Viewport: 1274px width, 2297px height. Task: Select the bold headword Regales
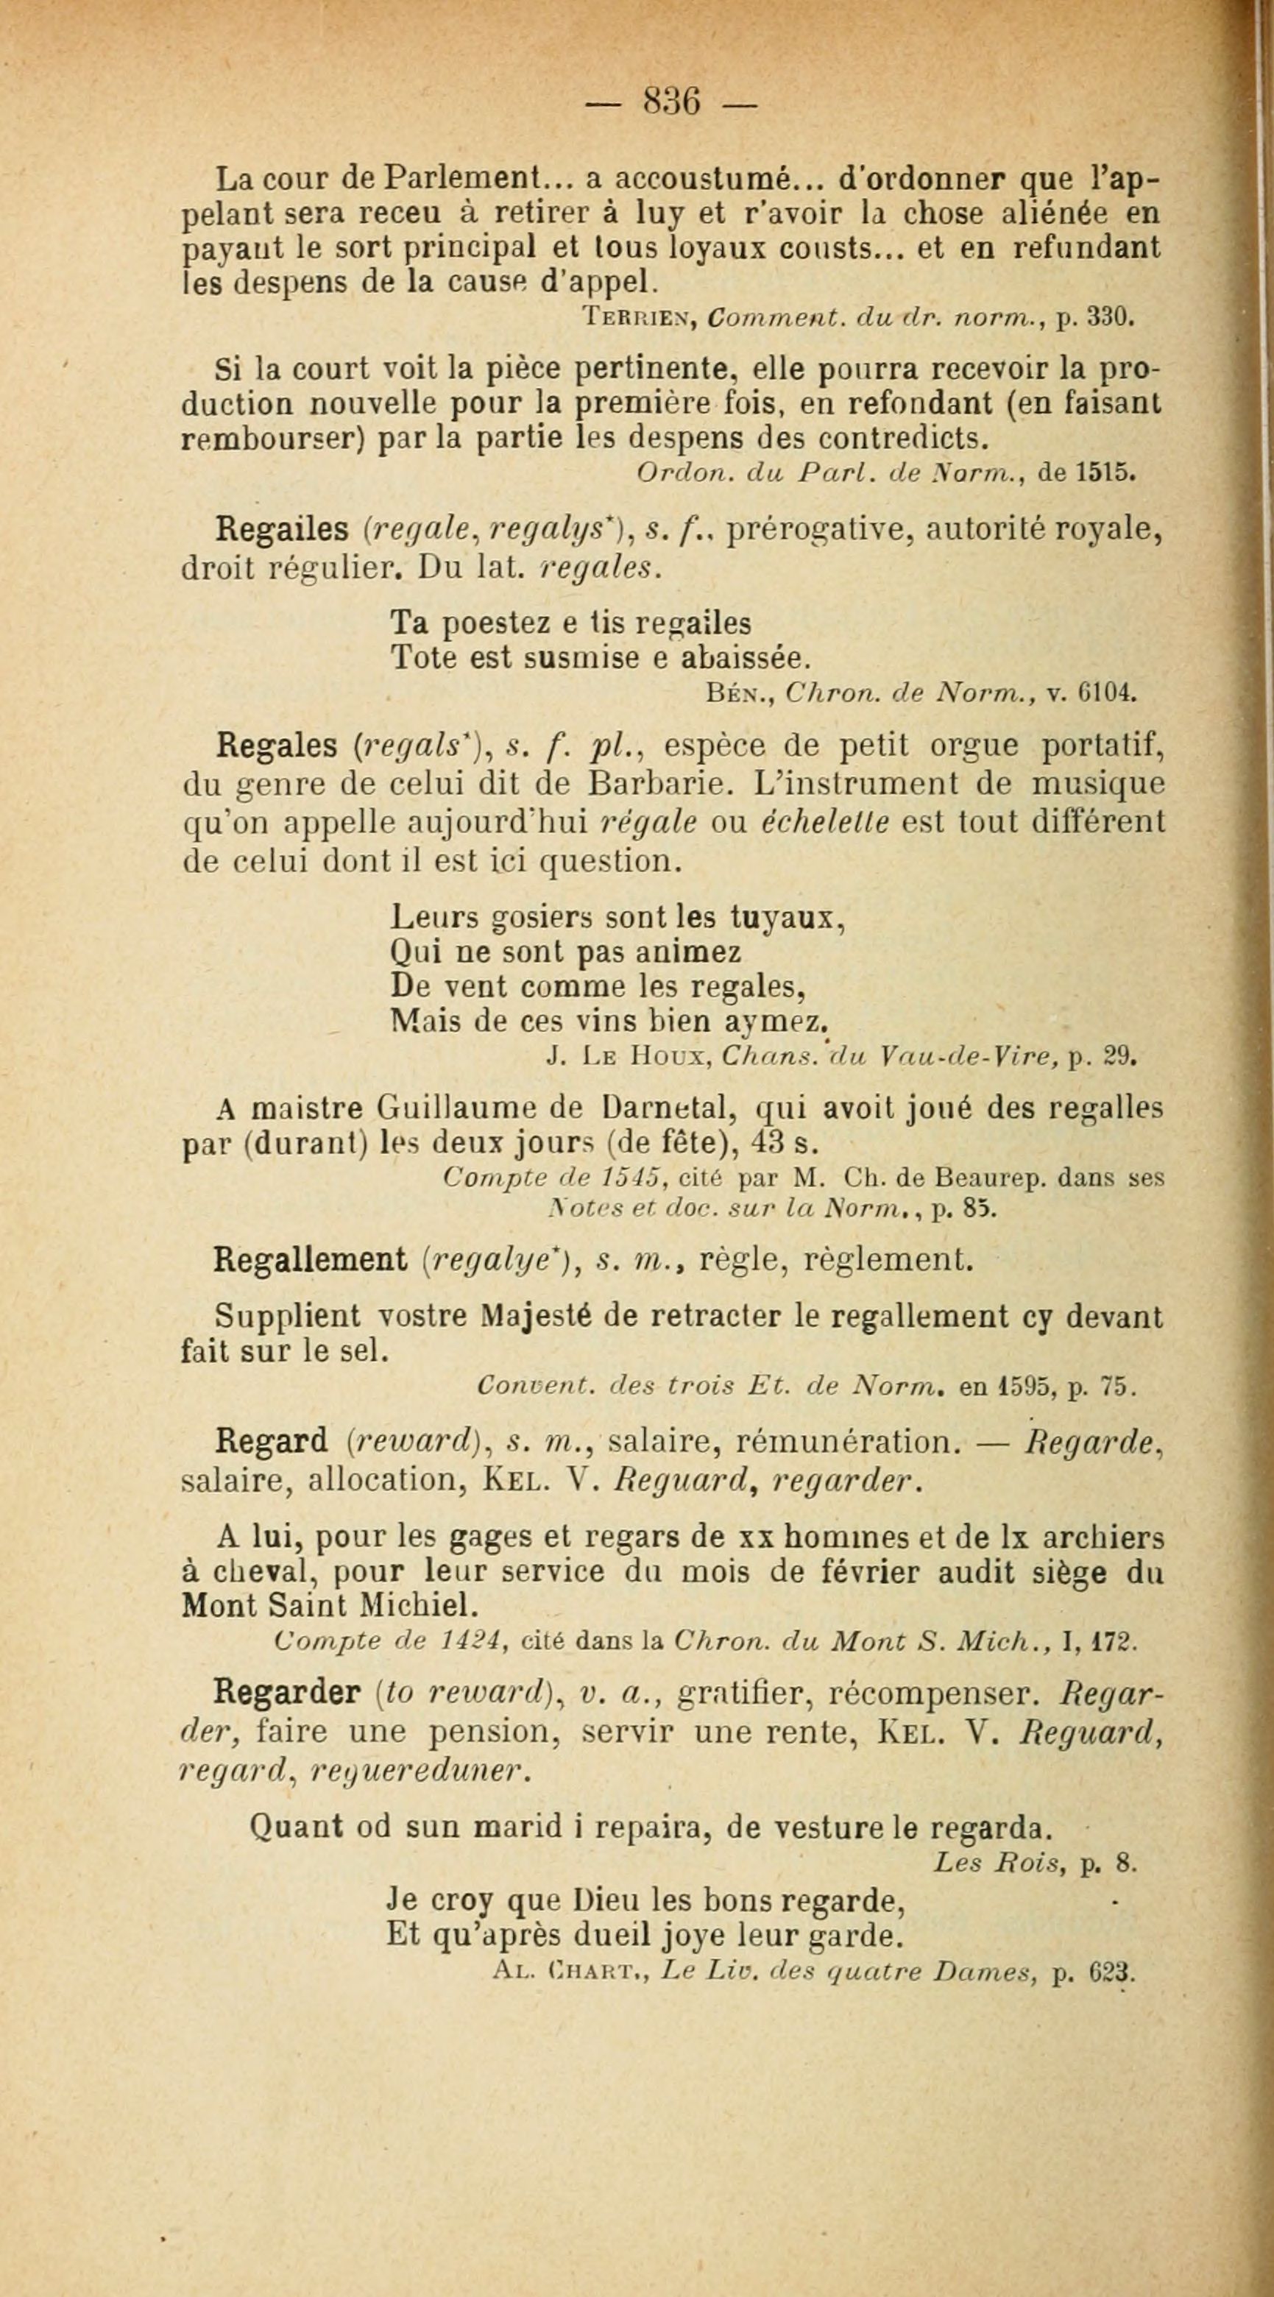click(277, 745)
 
